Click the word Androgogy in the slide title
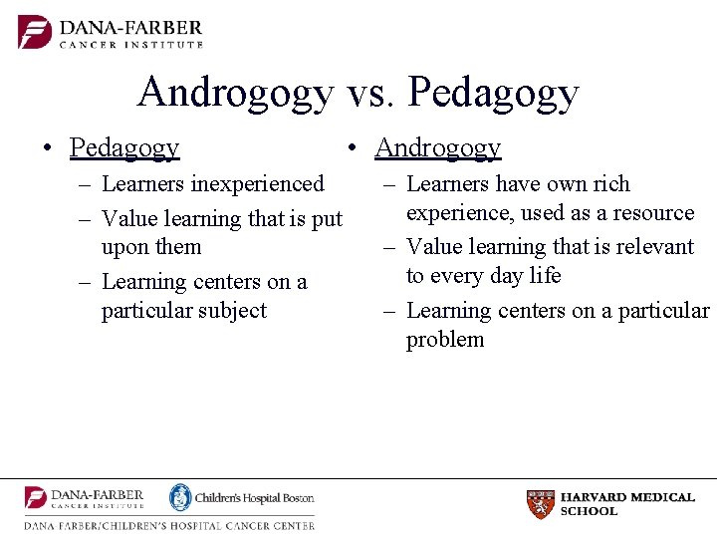[235, 93]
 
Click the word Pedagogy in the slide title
[493, 93]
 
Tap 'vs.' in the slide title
[372, 93]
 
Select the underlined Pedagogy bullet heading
[124, 148]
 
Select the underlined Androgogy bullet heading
[437, 148]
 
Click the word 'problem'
[445, 340]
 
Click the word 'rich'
[611, 184]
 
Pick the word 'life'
[545, 276]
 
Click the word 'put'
[326, 219]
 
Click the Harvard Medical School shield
[540, 504]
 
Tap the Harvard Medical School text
[627, 504]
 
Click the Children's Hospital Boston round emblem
[180, 497]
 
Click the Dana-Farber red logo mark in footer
[36, 498]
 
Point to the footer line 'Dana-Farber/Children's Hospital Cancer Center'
[169, 525]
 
